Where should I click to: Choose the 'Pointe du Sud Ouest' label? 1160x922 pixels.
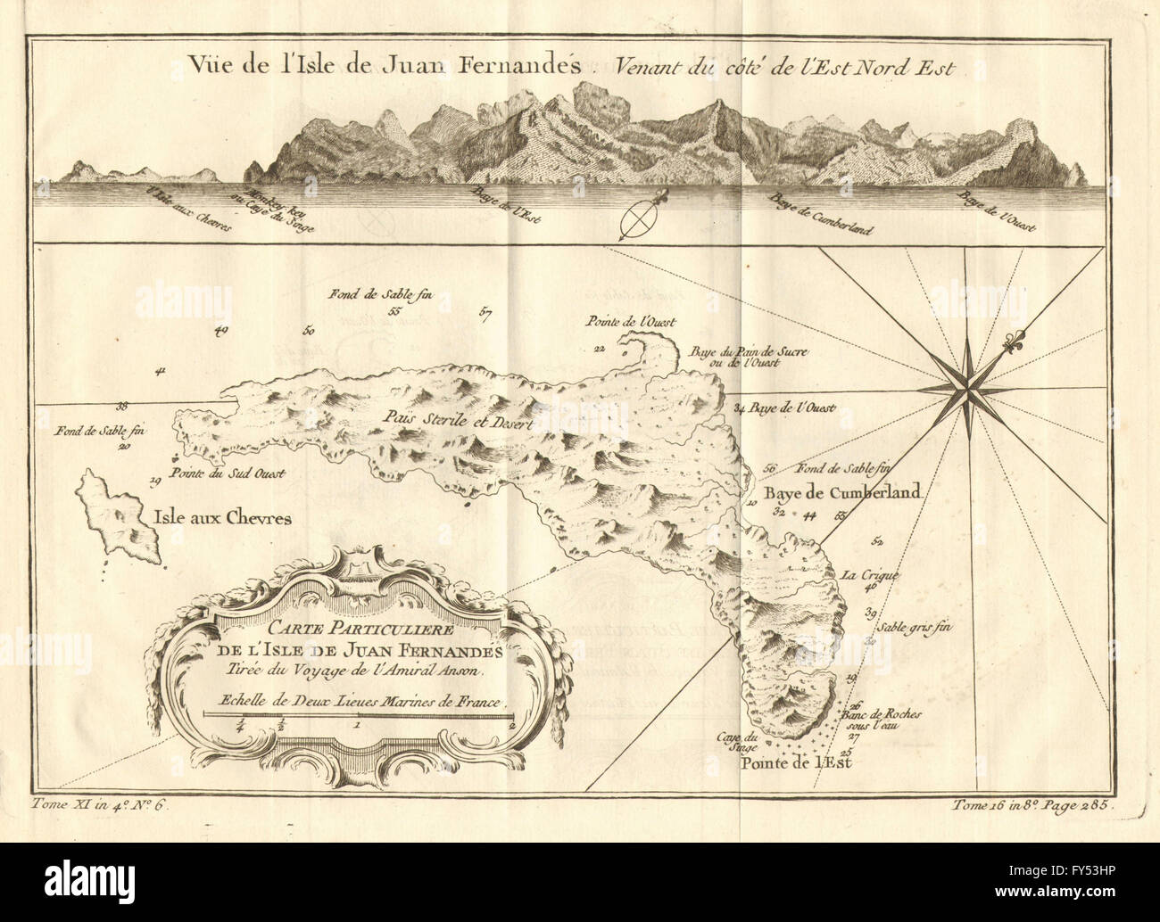pyautogui.click(x=228, y=474)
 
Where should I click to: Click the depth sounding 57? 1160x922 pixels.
pyautogui.click(x=485, y=313)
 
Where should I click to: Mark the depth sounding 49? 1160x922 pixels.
pyautogui.click(x=222, y=331)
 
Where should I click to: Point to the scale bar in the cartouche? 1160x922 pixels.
pyautogui.click(x=357, y=715)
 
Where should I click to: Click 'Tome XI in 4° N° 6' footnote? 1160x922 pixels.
pyautogui.click(x=99, y=804)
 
